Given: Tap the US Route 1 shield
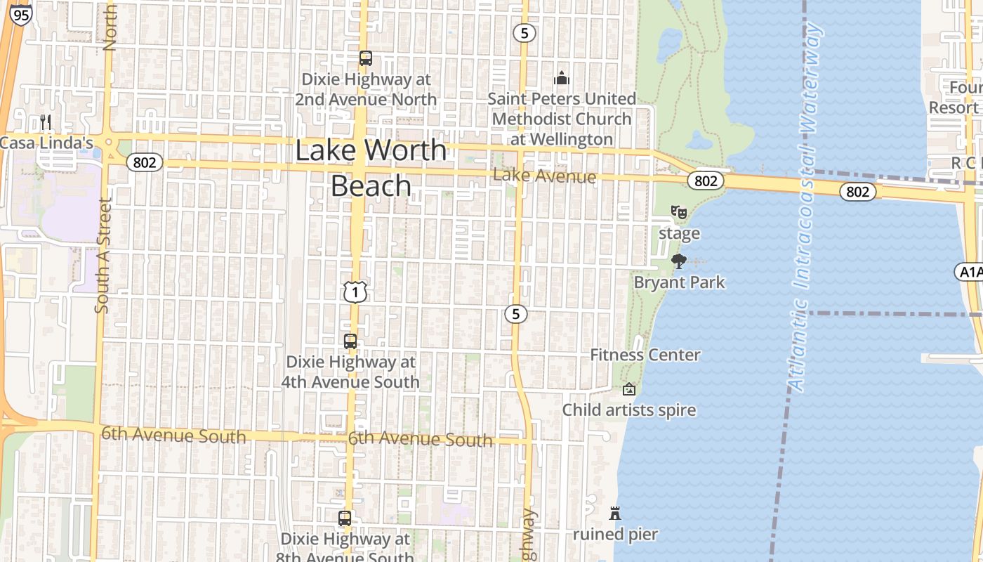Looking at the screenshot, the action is pyautogui.click(x=355, y=292).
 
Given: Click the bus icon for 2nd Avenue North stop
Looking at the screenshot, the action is pyautogui.click(x=365, y=58).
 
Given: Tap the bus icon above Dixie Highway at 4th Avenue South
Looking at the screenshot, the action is pyautogui.click(x=350, y=341).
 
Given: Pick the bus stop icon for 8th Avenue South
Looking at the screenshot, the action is pyautogui.click(x=344, y=518).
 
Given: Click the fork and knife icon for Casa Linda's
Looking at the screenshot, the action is pyautogui.click(x=46, y=122).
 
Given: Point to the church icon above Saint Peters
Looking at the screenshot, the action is pyautogui.click(x=561, y=78).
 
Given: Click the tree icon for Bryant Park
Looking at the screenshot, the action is pyautogui.click(x=678, y=261).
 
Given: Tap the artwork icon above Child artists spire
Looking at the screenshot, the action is pyautogui.click(x=629, y=389).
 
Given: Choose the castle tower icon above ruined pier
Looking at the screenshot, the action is pyautogui.click(x=615, y=514).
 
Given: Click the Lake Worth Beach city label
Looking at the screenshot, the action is pyautogui.click(x=371, y=168).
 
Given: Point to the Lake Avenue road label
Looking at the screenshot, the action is pyautogui.click(x=544, y=176).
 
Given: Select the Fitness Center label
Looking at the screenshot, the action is pyautogui.click(x=645, y=355).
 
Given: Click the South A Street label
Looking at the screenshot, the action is pyautogui.click(x=103, y=254).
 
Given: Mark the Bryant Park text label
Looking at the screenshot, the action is pyautogui.click(x=679, y=282).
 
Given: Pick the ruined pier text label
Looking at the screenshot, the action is pyautogui.click(x=615, y=535).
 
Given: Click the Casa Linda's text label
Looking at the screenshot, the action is pyautogui.click(x=46, y=143).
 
